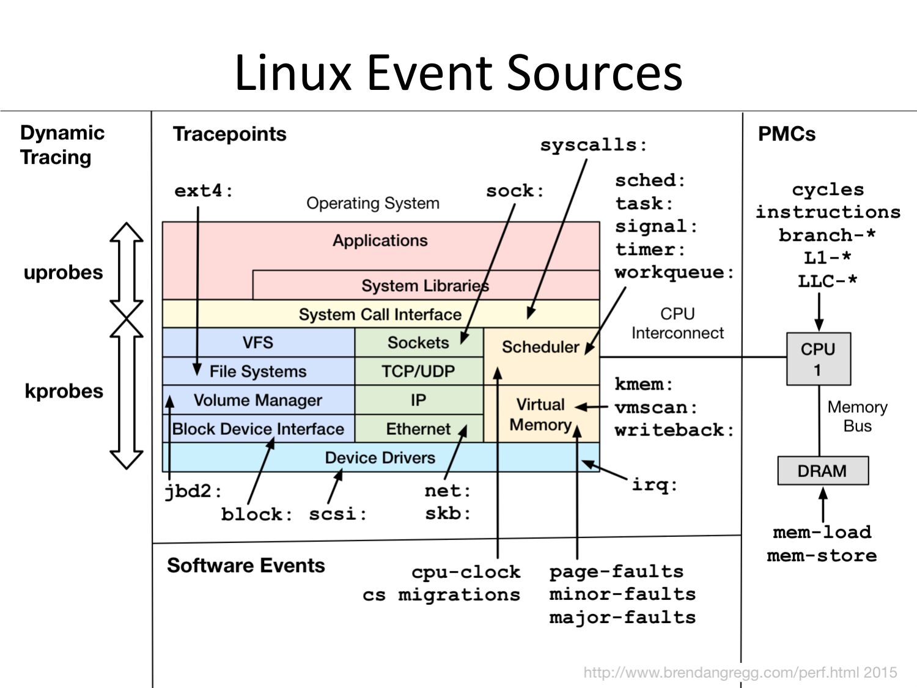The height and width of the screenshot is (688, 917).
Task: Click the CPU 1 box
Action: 818,359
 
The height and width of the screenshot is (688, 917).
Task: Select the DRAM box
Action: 822,471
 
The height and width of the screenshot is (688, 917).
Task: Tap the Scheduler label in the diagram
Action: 540,347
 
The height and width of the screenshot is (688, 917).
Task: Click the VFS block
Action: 258,342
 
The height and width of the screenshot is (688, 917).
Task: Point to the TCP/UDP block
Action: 418,371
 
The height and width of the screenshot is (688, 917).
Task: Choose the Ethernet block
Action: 418,429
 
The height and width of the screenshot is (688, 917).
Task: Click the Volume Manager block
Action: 258,400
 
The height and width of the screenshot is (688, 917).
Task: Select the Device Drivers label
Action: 380,457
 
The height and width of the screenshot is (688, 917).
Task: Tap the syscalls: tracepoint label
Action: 592,145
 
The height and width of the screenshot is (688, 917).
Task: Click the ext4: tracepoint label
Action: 203,191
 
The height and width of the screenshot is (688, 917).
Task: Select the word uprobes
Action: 63,272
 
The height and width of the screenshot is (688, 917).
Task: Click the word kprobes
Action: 64,391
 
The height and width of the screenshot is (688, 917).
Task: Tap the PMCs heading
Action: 786,134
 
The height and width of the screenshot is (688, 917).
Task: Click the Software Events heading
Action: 246,565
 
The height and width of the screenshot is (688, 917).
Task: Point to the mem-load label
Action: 822,532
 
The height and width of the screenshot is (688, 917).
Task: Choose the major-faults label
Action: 622,617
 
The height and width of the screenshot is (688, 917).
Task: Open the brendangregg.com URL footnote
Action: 740,673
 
